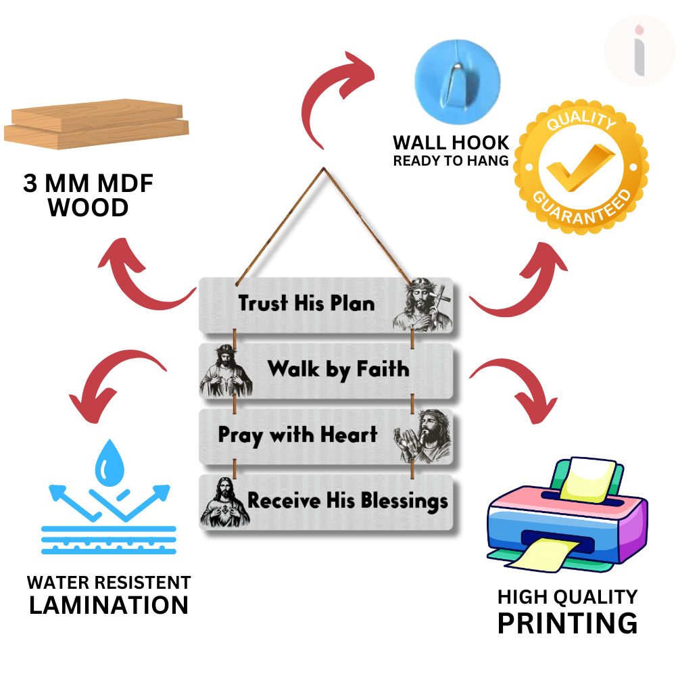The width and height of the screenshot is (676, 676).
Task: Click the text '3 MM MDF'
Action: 89,184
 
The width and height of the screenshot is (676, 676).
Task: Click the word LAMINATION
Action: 109,604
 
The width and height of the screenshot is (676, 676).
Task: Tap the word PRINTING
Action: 567,622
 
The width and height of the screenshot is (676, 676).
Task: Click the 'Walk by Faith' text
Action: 338,369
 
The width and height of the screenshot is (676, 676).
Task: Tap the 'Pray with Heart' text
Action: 297,435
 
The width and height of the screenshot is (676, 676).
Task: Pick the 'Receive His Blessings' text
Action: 347,501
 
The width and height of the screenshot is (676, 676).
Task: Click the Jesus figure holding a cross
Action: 422,305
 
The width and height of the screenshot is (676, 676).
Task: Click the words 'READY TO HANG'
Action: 451,161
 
